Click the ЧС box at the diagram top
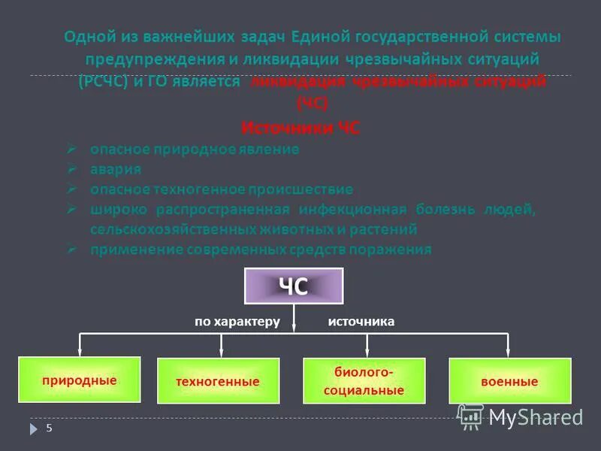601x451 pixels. coord(294,286)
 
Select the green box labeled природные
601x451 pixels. coord(80,380)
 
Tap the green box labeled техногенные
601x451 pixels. coord(218,382)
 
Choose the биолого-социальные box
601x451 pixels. coord(364,381)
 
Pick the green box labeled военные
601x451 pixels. coord(509,382)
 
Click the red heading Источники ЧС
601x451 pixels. coord(300,129)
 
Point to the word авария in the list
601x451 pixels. coord(116,169)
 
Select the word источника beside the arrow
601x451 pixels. coord(361,322)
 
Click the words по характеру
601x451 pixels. coord(237,322)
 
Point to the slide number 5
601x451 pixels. coord(50,428)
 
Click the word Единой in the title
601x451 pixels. coord(316,37)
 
